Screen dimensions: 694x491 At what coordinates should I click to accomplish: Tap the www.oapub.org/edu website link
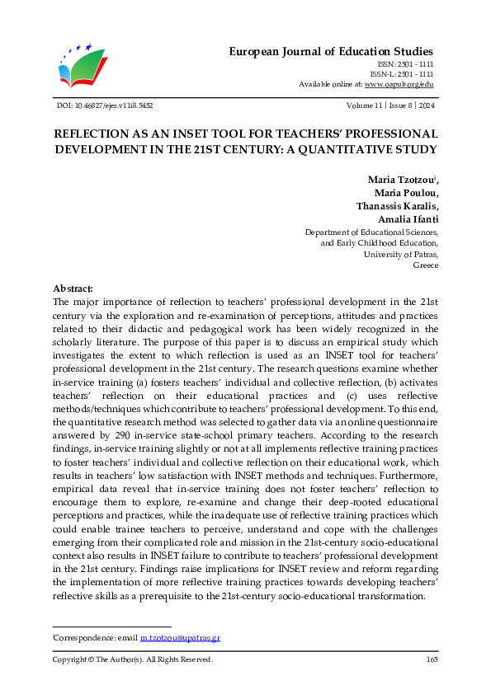399,84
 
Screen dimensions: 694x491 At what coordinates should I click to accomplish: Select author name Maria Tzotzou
401,180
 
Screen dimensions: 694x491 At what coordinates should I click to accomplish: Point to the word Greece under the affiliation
426,266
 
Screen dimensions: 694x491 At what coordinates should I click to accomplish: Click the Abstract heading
73,288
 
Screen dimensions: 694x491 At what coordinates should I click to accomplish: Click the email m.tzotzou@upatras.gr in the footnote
180,638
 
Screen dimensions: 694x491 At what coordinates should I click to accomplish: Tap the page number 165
432,659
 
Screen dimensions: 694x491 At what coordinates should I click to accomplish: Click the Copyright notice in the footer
133,659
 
